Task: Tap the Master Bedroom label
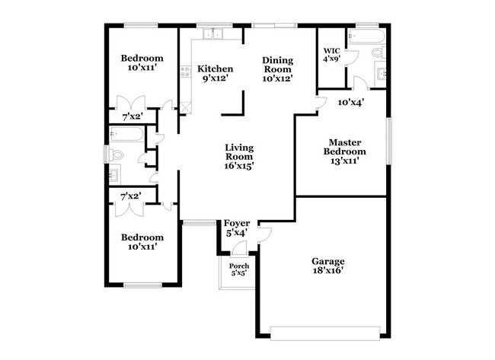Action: click(344, 142)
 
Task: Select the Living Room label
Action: click(239, 147)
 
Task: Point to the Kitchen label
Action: click(214, 68)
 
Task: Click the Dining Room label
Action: click(277, 60)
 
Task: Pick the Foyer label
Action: click(237, 224)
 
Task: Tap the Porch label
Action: click(239, 266)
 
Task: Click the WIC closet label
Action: click(331, 50)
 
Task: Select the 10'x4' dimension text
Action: click(351, 101)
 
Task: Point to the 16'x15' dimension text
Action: click(239, 164)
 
